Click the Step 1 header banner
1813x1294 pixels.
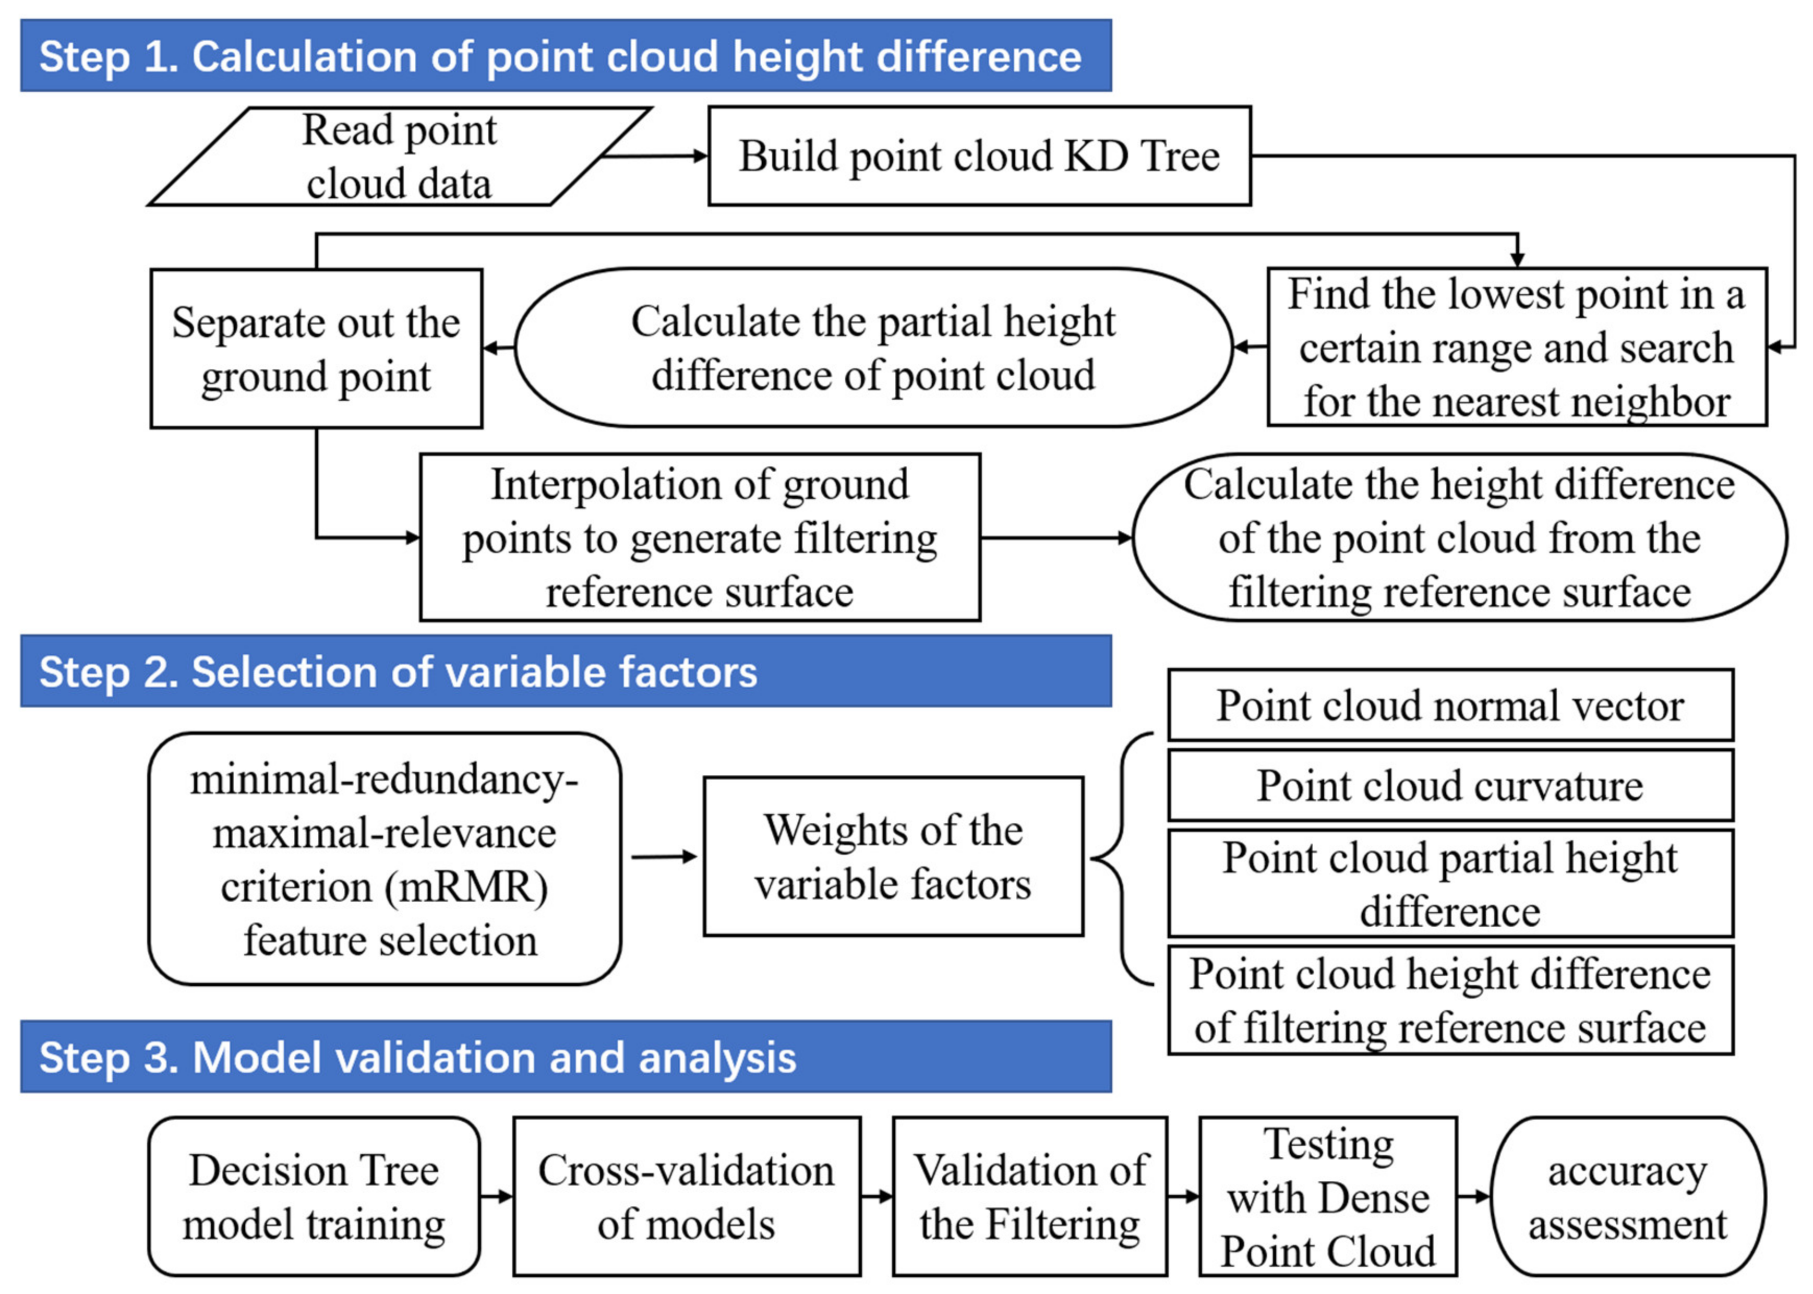[x=566, y=56]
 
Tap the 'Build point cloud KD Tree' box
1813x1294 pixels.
[x=979, y=156]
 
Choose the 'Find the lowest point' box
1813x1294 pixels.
[x=1516, y=348]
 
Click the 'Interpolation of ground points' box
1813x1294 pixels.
[x=700, y=538]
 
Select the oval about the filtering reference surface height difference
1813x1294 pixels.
[x=1459, y=538]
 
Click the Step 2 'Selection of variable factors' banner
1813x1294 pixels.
[x=566, y=671]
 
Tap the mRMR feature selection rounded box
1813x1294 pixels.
[x=384, y=859]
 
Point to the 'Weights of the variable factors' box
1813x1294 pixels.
[x=893, y=857]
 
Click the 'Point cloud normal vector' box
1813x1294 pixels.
[x=1450, y=705]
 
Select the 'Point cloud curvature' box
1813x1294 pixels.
[x=1450, y=785]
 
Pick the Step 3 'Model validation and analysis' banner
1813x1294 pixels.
[x=566, y=1057]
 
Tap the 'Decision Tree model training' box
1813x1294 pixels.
[x=314, y=1197]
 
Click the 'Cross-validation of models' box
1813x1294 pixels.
[x=686, y=1197]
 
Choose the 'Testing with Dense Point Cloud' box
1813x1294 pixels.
[x=1328, y=1197]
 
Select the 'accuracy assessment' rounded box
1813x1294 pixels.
[x=1627, y=1197]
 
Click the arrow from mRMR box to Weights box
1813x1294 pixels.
[x=663, y=857]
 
